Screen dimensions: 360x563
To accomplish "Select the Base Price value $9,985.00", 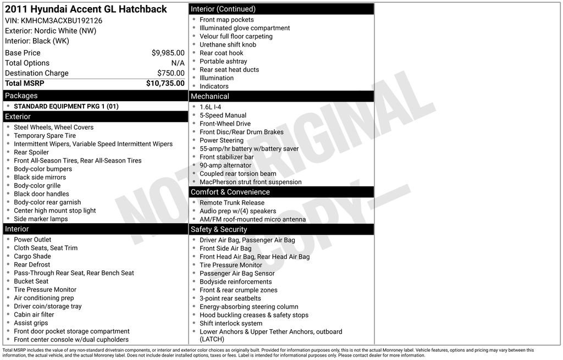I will pyautogui.click(x=168, y=53).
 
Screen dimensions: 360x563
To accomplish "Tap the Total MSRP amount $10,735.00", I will pyautogui.click(x=165, y=84).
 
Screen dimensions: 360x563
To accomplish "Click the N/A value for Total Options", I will pyautogui.click(x=178, y=63).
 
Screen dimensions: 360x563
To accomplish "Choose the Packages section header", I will pyautogui.click(x=21, y=96).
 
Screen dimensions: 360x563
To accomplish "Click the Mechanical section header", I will pyautogui.click(x=210, y=96).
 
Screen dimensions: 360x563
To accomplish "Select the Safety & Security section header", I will pyautogui.click(x=219, y=229).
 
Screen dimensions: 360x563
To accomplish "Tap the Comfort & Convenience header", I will pyautogui.click(x=230, y=192).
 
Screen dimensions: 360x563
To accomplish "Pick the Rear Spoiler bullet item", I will pyautogui.click(x=31, y=152).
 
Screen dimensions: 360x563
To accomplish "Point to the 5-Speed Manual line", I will pyautogui.click(x=223, y=115).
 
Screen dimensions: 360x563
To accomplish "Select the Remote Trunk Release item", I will pyautogui.click(x=231, y=203).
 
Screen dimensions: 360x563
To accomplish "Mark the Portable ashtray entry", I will pyautogui.click(x=223, y=62).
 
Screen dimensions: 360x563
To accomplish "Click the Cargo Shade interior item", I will pyautogui.click(x=32, y=256).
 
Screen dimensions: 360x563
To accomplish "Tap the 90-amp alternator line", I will pyautogui.click(x=225, y=165).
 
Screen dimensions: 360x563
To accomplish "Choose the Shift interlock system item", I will pyautogui.click(x=231, y=324).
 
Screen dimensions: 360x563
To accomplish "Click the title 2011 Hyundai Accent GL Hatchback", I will pyautogui.click(x=86, y=9).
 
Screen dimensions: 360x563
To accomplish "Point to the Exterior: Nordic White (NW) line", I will pyautogui.click(x=51, y=31).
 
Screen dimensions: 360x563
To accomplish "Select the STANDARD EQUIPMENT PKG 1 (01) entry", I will pyautogui.click(x=66, y=106).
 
